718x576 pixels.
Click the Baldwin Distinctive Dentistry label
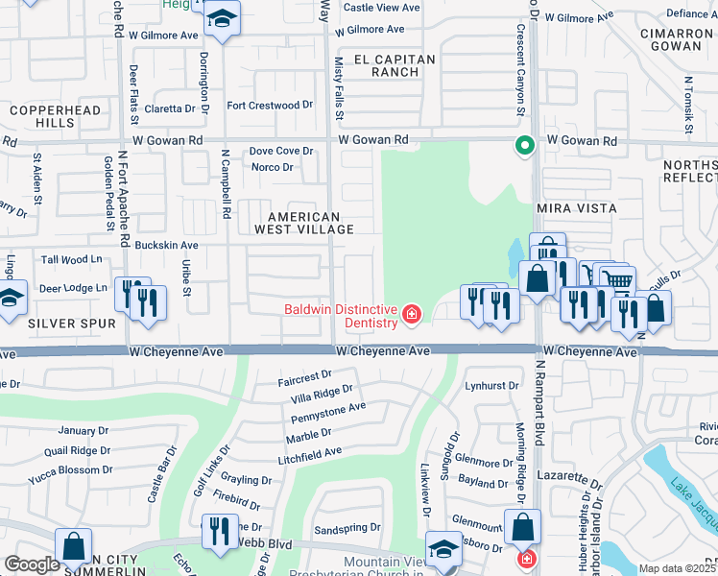(x=341, y=316)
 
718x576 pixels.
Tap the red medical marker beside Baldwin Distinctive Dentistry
(x=412, y=314)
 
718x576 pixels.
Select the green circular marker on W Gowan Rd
(x=524, y=147)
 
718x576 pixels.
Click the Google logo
(x=32, y=564)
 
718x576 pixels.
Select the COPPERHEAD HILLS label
(x=42, y=117)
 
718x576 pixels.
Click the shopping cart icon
(x=618, y=279)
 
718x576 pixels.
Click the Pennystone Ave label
(x=329, y=407)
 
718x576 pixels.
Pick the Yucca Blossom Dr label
(x=71, y=470)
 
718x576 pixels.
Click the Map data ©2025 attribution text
(x=677, y=568)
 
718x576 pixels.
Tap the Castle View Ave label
(x=381, y=8)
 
